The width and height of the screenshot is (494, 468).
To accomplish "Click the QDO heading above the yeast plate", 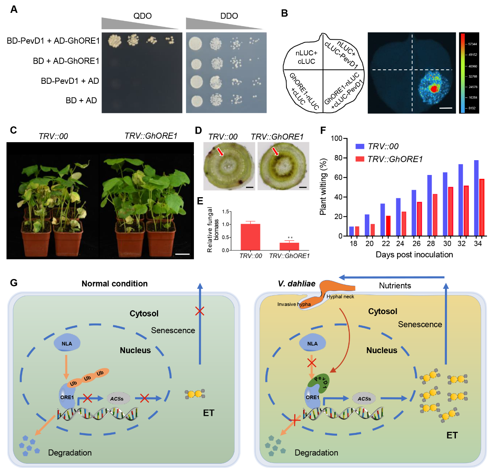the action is (x=142, y=16).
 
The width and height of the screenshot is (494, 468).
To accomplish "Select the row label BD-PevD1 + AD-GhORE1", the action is (x=53, y=41).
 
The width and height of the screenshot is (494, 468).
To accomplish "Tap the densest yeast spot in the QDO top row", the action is (x=115, y=41).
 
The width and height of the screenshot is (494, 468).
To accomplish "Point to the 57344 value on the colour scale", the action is (x=472, y=44).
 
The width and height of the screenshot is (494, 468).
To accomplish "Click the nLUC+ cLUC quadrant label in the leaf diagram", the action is (x=306, y=57).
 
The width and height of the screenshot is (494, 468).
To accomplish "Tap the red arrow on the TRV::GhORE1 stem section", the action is (x=275, y=152).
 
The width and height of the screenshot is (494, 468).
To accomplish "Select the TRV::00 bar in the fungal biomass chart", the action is (x=250, y=237).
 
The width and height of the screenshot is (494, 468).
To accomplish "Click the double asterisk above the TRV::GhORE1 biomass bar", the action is (x=290, y=238).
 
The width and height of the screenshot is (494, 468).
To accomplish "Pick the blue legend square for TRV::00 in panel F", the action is (x=360, y=146).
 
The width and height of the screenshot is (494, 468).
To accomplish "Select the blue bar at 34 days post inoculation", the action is (x=476, y=198).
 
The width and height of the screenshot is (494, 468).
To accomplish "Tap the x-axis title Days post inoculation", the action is (x=414, y=254).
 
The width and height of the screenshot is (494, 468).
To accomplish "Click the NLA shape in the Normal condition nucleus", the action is (x=67, y=343).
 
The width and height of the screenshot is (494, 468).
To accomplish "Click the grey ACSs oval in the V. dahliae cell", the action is (x=364, y=398).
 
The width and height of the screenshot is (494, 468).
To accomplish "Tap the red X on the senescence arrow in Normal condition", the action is (x=200, y=311).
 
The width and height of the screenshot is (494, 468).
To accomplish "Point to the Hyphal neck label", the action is (x=340, y=297).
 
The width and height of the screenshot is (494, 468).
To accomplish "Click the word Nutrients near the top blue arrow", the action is (x=395, y=285).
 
